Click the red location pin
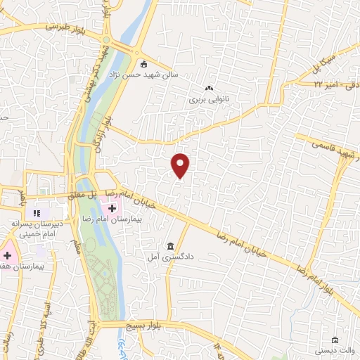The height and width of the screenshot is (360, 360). [181, 165]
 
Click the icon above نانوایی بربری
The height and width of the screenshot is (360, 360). [208, 89]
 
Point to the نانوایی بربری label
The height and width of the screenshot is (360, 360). [209, 101]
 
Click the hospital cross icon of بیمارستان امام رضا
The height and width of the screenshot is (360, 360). [112, 208]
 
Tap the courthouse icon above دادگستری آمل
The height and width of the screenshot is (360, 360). [172, 245]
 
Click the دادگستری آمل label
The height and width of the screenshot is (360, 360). [172, 257]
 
